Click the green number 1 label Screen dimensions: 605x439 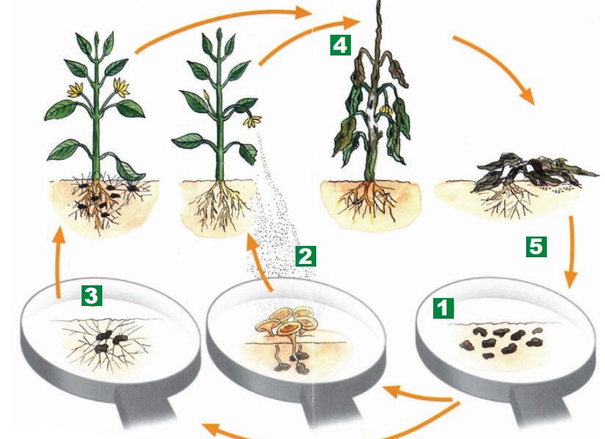(x=443, y=308)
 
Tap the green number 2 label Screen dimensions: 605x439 (x=306, y=256)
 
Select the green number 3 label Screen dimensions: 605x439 (x=92, y=295)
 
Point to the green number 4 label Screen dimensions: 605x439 (x=340, y=45)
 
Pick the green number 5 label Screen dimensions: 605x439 (x=536, y=247)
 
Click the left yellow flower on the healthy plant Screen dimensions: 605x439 (x=76, y=90)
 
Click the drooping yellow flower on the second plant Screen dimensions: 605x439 (x=252, y=121)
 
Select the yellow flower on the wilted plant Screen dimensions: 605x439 (x=386, y=110)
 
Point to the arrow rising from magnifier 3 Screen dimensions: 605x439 (x=58, y=263)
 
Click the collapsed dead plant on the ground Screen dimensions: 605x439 (x=532, y=172)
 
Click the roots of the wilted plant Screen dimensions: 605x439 (x=368, y=200)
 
